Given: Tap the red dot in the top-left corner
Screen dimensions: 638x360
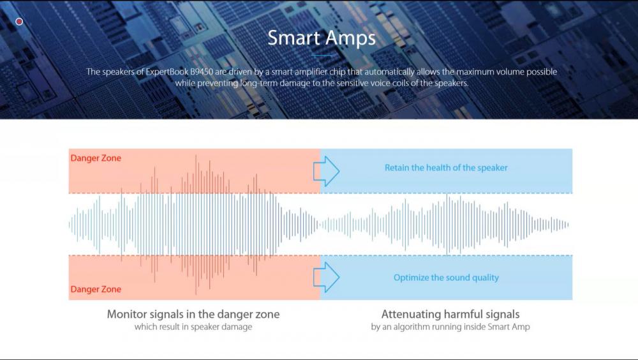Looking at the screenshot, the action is pos(19,22).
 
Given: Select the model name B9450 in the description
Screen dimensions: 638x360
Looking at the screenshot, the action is pos(202,71).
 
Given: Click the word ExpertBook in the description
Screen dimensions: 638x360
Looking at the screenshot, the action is pos(167,72).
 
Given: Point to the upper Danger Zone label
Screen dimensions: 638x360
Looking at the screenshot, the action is pos(96,158).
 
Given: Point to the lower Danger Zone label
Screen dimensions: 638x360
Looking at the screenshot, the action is pos(96,289).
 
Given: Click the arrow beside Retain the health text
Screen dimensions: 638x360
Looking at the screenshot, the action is pos(326,172).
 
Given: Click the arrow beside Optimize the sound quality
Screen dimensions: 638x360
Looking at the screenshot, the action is pos(326,277).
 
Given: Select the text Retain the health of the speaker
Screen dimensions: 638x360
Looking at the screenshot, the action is pos(446,168).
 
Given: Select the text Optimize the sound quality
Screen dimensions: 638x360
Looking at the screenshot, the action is pos(446,278).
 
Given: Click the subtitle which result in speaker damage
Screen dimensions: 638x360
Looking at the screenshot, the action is pos(193,327).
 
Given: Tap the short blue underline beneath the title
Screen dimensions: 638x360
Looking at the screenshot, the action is pos(322,55).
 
